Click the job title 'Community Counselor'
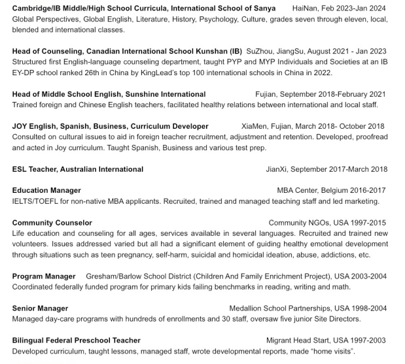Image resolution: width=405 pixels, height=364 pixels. pos(52,223)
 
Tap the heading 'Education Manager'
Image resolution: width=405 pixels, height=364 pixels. pos(46,190)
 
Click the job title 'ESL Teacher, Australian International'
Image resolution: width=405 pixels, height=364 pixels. pos(77,169)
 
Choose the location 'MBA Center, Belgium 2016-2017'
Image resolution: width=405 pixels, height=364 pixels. pos(331,190)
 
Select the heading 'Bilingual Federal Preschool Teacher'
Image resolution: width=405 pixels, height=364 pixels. pos(76,340)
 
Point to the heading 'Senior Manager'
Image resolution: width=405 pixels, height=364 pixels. pos(40,308)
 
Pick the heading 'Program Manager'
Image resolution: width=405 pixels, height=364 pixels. pos(44,276)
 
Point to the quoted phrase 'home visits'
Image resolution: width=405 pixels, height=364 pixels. pos(332,351)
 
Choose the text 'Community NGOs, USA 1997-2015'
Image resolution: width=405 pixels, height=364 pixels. pos(327,223)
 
